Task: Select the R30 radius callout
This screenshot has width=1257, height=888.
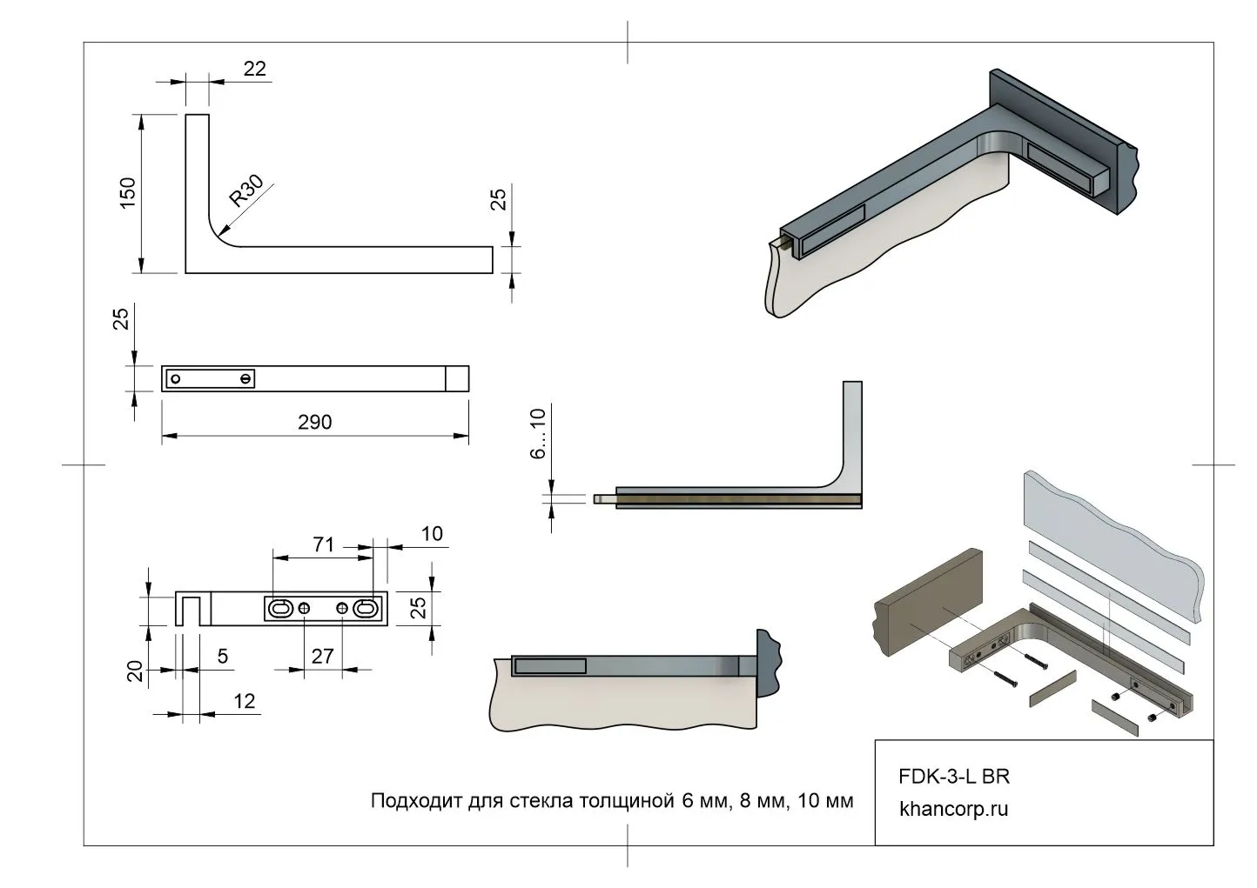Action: [245, 192]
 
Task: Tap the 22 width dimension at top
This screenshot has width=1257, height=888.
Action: [254, 69]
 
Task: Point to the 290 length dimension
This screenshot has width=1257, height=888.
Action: [314, 422]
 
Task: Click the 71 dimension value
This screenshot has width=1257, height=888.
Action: [323, 545]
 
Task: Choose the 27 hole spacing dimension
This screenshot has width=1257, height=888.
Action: [322, 656]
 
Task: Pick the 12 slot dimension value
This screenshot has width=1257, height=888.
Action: [245, 701]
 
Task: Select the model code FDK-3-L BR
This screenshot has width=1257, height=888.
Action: [953, 776]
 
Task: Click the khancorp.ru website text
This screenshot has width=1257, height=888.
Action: [953, 809]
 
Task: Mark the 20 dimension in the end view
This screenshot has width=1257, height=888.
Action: [135, 671]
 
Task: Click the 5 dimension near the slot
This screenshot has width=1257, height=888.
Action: [223, 656]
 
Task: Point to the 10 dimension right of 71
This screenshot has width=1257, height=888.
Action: [431, 534]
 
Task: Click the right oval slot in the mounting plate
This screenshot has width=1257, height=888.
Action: [366, 609]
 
